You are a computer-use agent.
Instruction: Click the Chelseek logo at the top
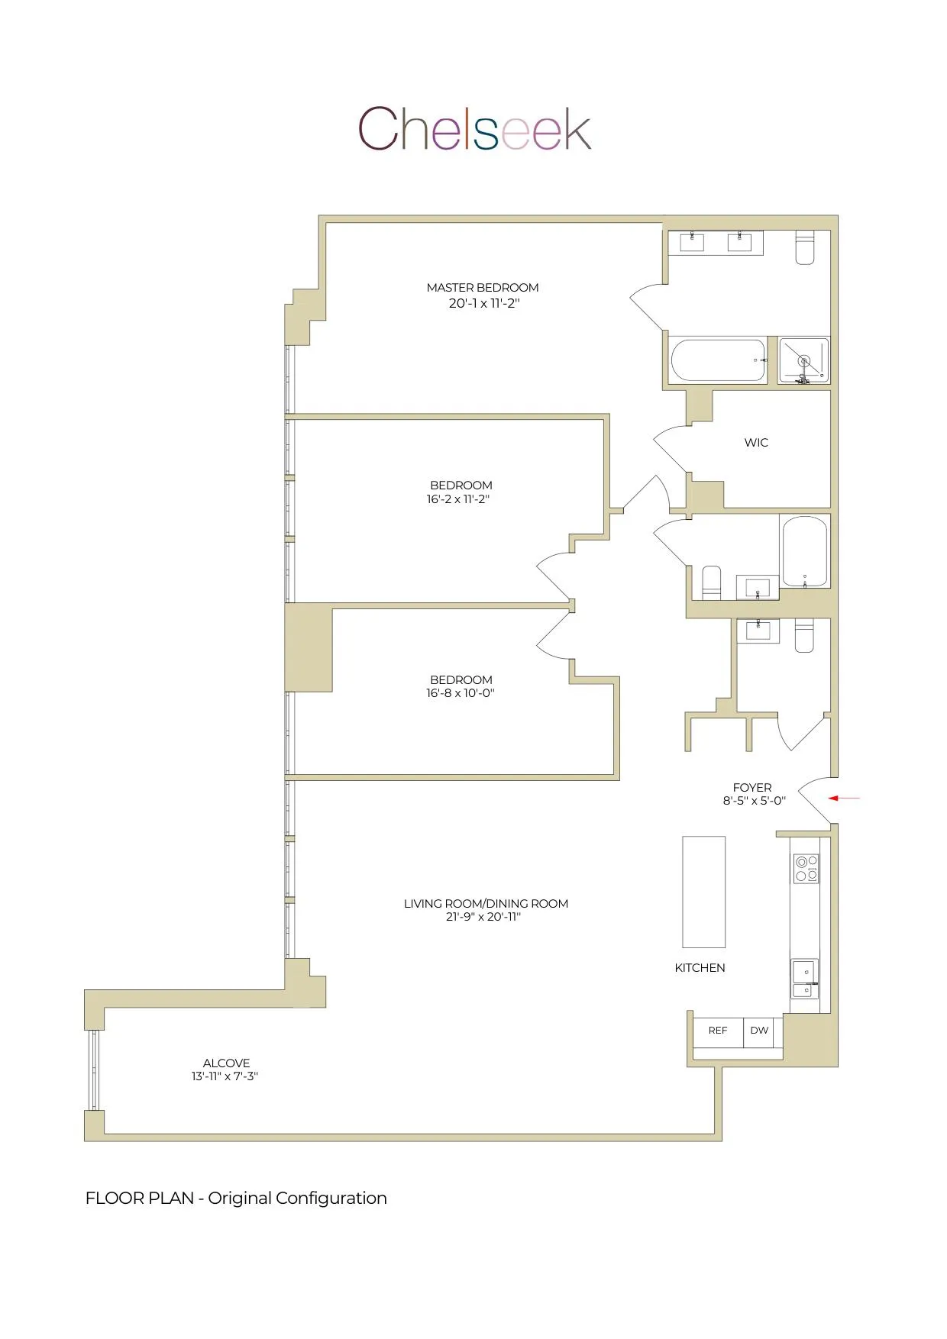474,128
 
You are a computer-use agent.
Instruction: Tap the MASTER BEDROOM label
483,288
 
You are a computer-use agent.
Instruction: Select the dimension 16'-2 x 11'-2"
457,499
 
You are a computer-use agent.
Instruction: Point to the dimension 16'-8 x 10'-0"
461,693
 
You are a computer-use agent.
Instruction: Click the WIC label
756,443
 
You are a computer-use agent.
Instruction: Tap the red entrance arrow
844,799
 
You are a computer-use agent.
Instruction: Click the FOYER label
752,787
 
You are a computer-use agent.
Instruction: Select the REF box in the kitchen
718,1031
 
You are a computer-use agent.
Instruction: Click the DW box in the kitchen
759,1031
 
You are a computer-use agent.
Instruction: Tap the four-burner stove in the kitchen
806,868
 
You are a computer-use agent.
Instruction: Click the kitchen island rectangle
703,892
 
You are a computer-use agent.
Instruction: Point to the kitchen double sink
804,979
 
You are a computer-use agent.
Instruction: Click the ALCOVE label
226,1063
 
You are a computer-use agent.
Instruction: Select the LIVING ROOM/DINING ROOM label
486,903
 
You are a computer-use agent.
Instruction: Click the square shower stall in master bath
803,360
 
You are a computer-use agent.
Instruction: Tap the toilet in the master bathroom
805,247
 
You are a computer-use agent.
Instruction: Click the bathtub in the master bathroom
718,360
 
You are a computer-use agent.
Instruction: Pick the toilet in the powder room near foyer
805,635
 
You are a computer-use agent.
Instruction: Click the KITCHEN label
700,968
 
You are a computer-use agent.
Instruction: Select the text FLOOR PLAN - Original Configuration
236,1198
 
